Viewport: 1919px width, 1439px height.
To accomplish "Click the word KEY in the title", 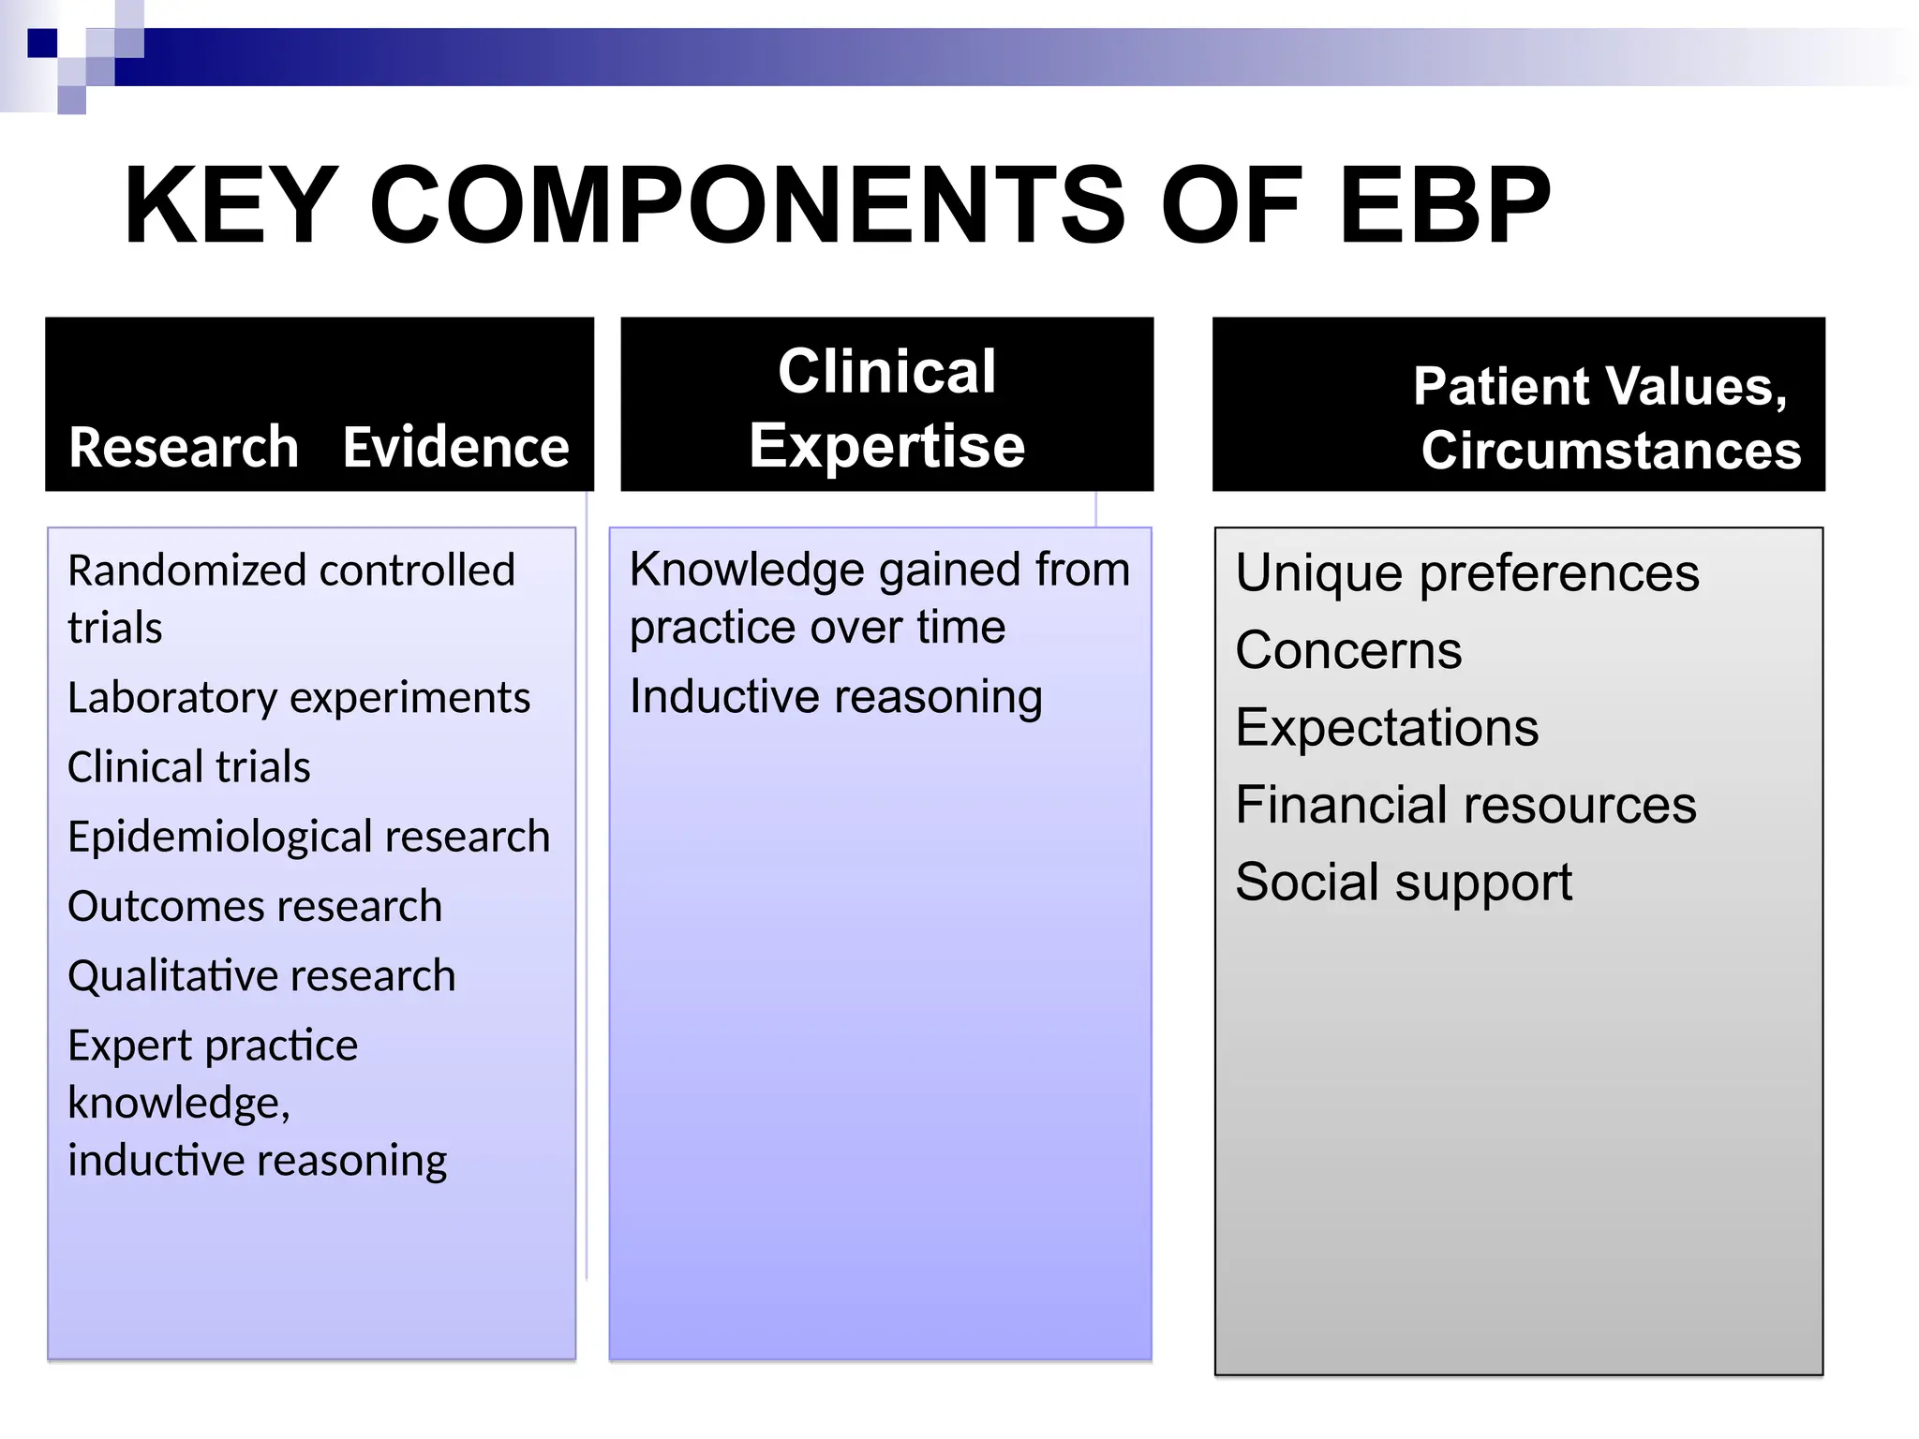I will [x=231, y=206].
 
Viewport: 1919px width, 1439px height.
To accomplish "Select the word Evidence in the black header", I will [x=455, y=447].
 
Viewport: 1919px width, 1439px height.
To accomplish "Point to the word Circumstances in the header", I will [x=1611, y=451].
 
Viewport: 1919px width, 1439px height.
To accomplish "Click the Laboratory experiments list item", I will [x=299, y=698].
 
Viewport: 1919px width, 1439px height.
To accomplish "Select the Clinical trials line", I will [x=188, y=767].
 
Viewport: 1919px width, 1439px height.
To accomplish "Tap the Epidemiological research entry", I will [x=308, y=837].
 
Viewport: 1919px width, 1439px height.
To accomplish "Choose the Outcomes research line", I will [x=255, y=906].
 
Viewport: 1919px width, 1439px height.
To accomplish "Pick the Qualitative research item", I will [x=261, y=976].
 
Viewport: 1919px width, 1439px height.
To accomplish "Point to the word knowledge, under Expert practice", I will [x=179, y=1103].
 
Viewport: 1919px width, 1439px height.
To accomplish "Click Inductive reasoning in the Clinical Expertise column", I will [x=836, y=697].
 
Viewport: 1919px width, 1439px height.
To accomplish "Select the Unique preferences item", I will [x=1466, y=572].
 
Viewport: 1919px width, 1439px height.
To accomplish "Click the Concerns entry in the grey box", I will [x=1347, y=650].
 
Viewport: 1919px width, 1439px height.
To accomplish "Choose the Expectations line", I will [x=1386, y=728].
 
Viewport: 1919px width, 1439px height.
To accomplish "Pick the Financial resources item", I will [x=1465, y=805].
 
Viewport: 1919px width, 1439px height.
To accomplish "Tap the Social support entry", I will [x=1403, y=883].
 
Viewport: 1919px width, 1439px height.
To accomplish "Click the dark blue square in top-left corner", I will [x=42, y=43].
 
